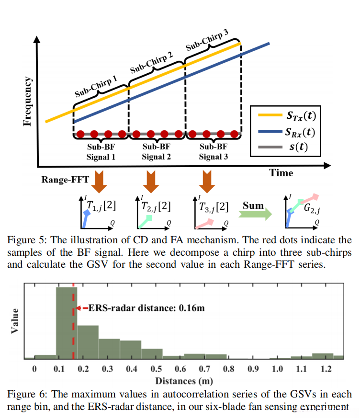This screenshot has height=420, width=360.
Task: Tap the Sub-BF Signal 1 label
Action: tap(101, 152)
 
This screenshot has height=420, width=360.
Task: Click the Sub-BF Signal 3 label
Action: tap(214, 152)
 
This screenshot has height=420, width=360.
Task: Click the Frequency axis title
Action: tap(28, 101)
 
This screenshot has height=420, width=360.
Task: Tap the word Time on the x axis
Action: tap(281, 172)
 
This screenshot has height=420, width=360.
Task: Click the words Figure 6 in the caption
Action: tap(23, 394)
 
